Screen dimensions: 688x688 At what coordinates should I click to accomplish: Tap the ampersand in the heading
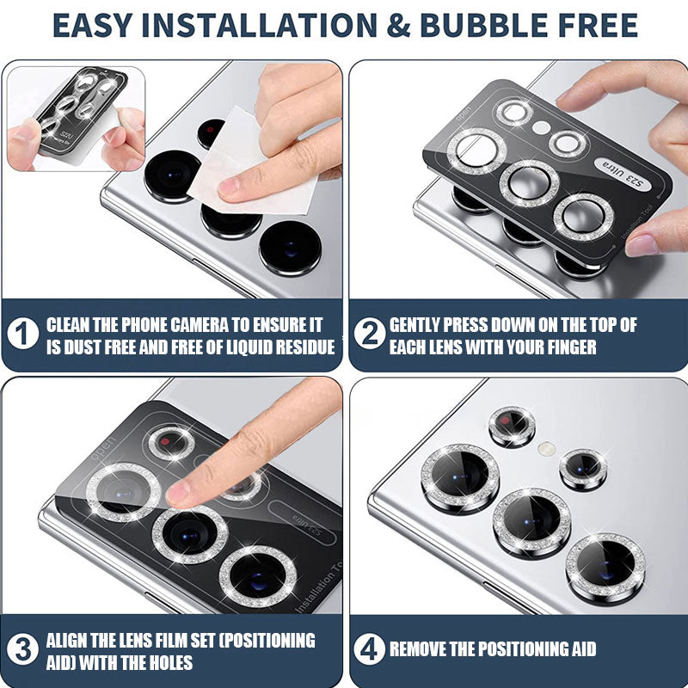pos(398,25)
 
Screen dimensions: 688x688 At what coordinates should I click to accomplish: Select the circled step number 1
pos(23,334)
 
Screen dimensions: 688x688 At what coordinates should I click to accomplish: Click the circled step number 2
pos(370,334)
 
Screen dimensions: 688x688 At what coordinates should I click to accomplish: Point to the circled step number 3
pos(23,649)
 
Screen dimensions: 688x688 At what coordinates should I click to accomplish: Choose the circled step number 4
pos(370,649)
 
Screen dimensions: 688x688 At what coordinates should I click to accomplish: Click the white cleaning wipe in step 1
pos(246,167)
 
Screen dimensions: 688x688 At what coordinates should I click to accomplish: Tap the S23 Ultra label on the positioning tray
pos(623,175)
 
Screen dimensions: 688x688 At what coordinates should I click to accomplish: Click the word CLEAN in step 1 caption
pos(69,325)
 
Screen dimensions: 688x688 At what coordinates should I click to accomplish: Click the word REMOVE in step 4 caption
pos(416,649)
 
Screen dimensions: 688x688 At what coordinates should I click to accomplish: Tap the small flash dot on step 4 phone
pos(547,448)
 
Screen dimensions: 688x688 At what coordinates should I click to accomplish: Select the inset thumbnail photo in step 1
pos(76,119)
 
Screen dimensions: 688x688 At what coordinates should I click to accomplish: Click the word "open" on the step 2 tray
pos(464,114)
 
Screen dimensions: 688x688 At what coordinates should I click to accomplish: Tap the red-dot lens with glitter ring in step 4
pos(512,426)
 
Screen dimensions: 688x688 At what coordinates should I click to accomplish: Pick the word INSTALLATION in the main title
pos(260,25)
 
